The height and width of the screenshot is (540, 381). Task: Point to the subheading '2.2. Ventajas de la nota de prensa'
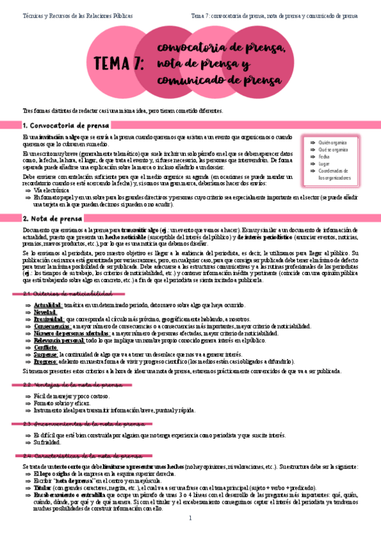pyautogui.click(x=71, y=385)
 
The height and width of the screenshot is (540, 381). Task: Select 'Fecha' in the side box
pyautogui.click(x=325, y=157)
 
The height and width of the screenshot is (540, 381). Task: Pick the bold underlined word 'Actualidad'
pyautogui.click(x=48, y=306)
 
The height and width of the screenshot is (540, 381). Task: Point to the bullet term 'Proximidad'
pyautogui.click(x=48, y=320)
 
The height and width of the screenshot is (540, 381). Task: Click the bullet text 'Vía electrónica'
pyautogui.click(x=51, y=190)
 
